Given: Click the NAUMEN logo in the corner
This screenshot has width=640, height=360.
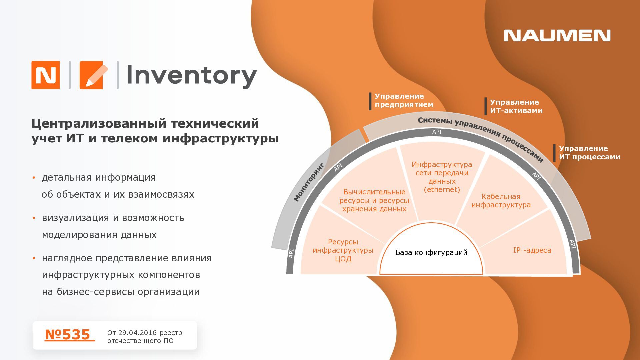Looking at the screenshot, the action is pos(557,36).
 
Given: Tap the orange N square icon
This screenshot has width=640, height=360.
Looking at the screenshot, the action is pos(46,75).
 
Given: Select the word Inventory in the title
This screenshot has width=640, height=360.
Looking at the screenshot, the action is pos(191,76).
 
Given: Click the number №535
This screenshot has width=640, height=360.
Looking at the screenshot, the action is pos(68,335).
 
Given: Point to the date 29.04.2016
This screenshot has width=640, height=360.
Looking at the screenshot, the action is pos(137,333).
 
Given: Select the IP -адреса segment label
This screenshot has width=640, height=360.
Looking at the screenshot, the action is pos(532,250).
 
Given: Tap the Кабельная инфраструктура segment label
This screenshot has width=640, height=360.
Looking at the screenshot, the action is pos(501,201).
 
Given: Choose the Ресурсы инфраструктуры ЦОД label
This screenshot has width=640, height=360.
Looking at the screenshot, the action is pos(343,250).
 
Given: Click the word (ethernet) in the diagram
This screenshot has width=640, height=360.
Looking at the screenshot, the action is pos(442,190).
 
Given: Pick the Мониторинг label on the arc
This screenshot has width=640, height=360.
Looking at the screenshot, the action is pos(309,182).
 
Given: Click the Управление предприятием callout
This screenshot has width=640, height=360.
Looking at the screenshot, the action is pos(404,100).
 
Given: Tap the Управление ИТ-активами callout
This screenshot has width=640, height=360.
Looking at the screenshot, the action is pos(516,106).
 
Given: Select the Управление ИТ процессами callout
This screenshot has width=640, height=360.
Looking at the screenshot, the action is pos(589,153).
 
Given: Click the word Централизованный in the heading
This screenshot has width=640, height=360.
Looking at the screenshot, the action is pos(98,123).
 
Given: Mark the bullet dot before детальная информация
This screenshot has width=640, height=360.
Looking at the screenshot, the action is pos(34,178).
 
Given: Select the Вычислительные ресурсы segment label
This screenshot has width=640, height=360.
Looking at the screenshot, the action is pos(374,200).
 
